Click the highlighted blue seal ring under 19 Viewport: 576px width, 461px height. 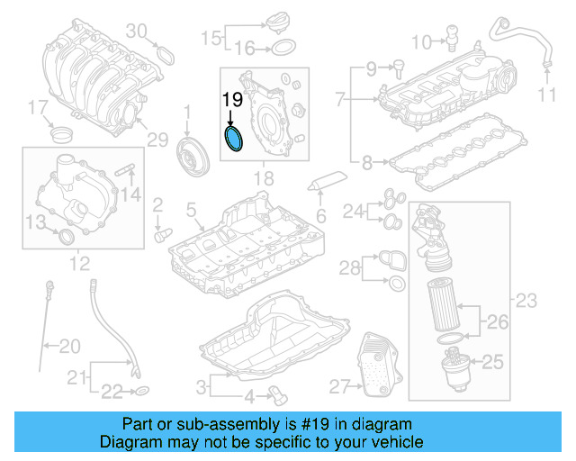234,140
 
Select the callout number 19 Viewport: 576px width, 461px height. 232,99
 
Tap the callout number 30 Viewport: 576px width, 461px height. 135,31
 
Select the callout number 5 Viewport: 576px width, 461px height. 190,210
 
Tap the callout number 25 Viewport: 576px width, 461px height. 492,362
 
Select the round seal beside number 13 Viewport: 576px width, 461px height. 66,236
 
